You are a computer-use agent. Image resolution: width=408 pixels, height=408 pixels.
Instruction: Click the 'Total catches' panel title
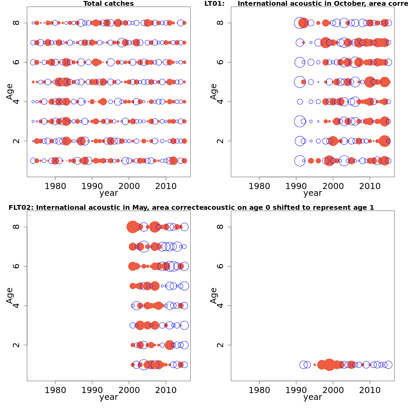click(x=108, y=4)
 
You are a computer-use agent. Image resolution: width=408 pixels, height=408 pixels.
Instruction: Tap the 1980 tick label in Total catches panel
click(x=55, y=186)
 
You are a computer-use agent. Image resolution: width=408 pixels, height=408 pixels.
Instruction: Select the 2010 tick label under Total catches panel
click(x=166, y=186)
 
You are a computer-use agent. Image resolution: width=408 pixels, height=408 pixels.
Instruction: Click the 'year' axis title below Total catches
click(x=108, y=193)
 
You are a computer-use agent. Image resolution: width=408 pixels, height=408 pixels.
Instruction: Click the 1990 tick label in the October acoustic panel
click(x=296, y=186)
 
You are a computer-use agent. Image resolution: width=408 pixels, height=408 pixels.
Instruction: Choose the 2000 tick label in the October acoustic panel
click(x=333, y=186)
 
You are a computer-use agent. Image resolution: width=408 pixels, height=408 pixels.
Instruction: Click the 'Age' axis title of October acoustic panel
click(x=214, y=91)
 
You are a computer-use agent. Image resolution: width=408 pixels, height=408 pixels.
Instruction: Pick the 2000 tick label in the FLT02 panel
click(x=129, y=390)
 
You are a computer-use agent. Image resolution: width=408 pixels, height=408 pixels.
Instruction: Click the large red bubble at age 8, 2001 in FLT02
click(x=133, y=227)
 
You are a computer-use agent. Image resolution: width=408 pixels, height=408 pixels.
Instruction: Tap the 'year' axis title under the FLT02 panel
click(x=108, y=397)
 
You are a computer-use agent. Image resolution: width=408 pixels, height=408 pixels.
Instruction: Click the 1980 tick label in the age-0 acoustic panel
click(x=259, y=390)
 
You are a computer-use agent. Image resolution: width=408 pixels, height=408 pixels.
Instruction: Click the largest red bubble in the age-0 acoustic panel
click(x=329, y=365)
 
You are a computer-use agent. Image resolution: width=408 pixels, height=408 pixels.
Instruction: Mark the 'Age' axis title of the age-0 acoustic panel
click(x=214, y=295)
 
